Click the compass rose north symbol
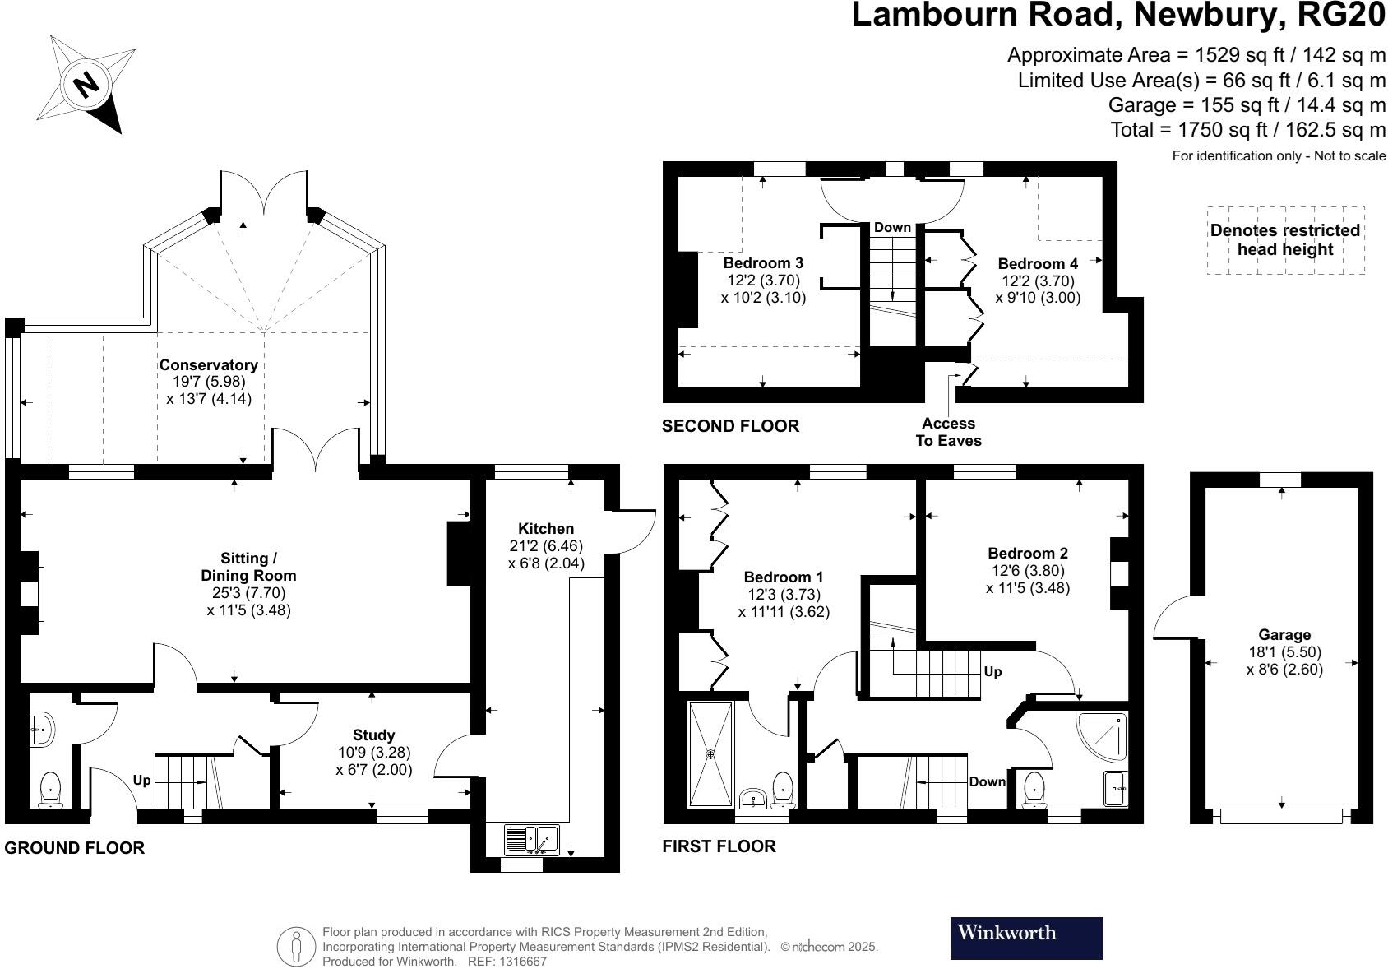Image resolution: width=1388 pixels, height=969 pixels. [86, 84]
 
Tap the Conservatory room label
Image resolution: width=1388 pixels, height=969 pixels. [208, 364]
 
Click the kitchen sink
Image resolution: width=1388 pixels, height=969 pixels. [532, 840]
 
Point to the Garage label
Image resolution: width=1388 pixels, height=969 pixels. [1284, 634]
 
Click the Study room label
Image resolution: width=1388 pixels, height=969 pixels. [373, 735]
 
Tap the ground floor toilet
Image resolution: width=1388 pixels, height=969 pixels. [51, 789]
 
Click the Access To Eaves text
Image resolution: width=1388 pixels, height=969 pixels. [948, 432]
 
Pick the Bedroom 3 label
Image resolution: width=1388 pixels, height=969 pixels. [762, 262]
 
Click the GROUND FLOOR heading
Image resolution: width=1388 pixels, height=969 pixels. [74, 847]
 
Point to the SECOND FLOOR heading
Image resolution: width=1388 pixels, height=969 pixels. [730, 425]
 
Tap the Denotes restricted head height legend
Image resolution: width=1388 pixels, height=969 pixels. [1284, 239]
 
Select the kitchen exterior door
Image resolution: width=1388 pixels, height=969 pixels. [632, 533]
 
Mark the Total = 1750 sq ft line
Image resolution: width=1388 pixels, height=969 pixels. [1247, 129]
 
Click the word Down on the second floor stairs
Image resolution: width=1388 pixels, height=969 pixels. [891, 227]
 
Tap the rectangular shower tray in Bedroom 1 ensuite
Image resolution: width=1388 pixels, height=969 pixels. [709, 753]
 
